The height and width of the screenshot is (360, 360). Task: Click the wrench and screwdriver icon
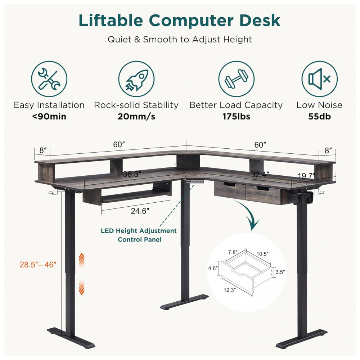(x=49, y=79)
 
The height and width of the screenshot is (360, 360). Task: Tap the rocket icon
(x=136, y=79)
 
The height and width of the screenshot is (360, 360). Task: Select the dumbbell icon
(x=236, y=79)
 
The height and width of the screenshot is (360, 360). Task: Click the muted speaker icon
(x=319, y=79)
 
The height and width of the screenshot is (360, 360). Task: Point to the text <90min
(x=49, y=116)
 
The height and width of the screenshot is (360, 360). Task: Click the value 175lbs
(x=236, y=116)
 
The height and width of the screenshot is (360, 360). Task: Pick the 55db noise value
(x=319, y=116)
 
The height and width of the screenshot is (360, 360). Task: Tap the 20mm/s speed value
(x=136, y=116)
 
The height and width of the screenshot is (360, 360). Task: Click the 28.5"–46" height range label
(x=38, y=265)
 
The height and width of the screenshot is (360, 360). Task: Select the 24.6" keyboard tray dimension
(x=140, y=211)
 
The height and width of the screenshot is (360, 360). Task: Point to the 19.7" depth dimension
(x=306, y=176)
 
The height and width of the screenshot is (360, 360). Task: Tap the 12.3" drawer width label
(x=230, y=290)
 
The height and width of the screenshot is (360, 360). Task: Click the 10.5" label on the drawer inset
(x=262, y=254)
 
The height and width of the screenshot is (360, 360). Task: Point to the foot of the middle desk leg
(x=184, y=302)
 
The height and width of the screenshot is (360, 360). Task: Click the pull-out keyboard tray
(x=135, y=197)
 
